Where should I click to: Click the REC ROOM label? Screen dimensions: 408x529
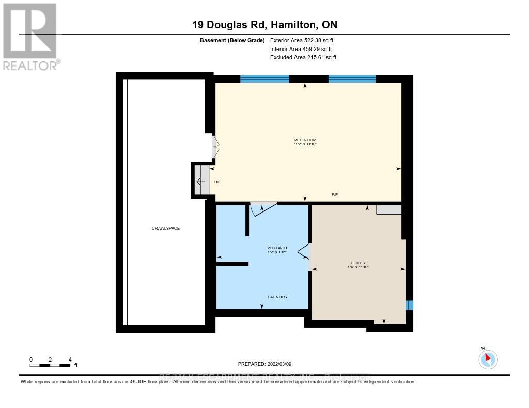tap(304, 140)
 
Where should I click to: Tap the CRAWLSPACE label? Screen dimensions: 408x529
tap(165, 228)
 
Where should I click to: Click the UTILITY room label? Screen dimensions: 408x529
tap(357, 263)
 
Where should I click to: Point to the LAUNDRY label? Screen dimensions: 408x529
tap(277, 297)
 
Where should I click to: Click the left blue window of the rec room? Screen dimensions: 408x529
tap(264, 79)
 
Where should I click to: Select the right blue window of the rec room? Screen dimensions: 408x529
tap(352, 79)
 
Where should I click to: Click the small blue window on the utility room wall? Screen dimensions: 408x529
tap(409, 305)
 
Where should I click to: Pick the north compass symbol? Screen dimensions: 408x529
tap(488, 358)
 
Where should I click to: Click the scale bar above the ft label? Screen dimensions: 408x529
tap(50, 365)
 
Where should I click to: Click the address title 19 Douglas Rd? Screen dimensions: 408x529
tap(264, 25)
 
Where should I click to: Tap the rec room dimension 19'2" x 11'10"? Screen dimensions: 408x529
tap(304, 144)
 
